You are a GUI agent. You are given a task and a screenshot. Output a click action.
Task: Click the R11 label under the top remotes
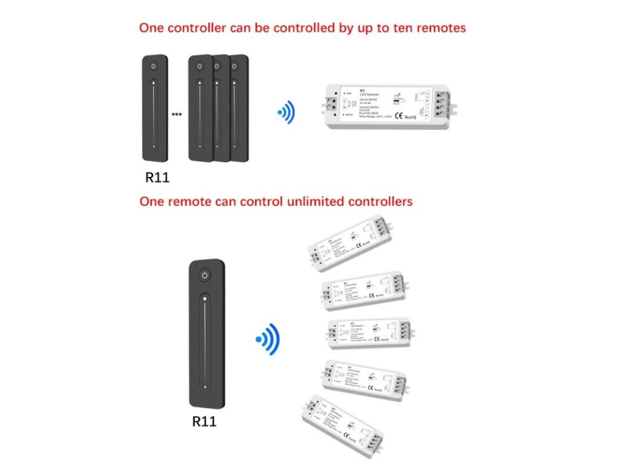[x=157, y=178]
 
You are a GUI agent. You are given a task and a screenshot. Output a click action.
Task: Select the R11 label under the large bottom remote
[x=205, y=422]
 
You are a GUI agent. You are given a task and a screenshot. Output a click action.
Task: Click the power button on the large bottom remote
[x=205, y=275]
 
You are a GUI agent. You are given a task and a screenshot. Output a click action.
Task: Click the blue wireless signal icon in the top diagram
[x=286, y=112]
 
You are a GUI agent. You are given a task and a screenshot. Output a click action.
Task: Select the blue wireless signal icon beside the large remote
[x=268, y=340]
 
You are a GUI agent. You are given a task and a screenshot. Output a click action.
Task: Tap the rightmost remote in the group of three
[x=240, y=109]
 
